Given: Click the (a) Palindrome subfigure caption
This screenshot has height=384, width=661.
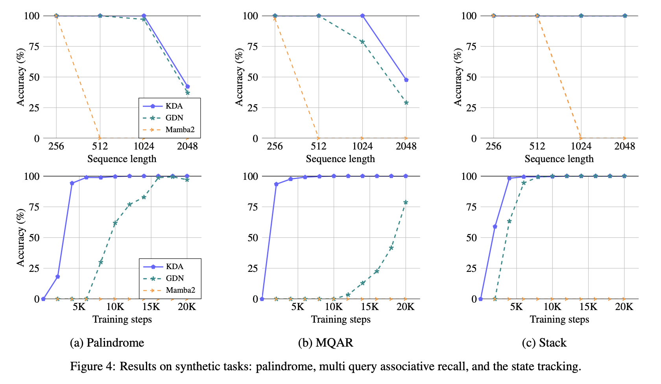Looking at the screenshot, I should pos(107,343).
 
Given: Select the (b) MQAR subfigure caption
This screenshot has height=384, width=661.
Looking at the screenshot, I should pos(325,343).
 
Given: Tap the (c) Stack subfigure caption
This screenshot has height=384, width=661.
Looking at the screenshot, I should pos(544,343).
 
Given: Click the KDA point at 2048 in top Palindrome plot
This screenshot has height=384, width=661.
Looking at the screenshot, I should pos(188,87).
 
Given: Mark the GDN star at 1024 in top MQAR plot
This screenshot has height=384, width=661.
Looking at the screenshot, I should pos(362,42).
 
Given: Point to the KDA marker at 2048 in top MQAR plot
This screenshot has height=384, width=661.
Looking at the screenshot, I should pos(406,80).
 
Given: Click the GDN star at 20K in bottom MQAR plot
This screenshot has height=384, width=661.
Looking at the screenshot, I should pos(406,202).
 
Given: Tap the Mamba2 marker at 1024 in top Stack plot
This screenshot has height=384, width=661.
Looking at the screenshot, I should pos(581,138).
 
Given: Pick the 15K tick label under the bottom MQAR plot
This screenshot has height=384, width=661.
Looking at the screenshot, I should pos(369,307).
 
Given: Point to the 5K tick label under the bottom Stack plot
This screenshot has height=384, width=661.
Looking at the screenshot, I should pos(516,307).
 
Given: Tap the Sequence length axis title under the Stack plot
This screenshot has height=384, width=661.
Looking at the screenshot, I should pos(559,159).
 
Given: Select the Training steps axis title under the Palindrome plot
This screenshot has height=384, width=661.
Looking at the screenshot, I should pos(122,319).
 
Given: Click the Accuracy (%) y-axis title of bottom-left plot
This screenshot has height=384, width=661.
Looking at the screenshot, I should pos(20,237).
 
